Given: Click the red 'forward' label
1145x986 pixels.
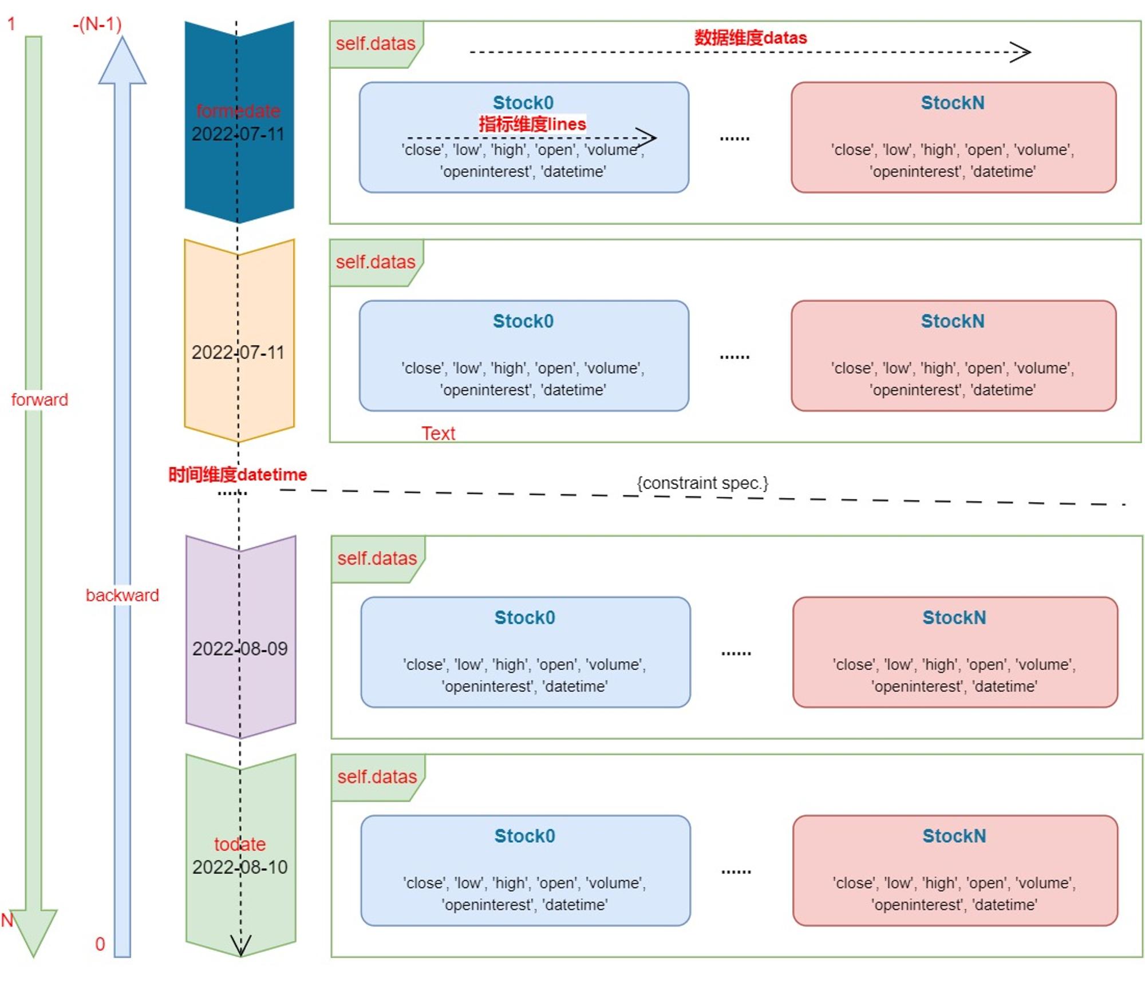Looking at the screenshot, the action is pos(40,400).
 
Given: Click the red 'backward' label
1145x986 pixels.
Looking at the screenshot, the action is pos(123,595).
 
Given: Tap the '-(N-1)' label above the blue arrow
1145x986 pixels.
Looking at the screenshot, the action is pos(97,24).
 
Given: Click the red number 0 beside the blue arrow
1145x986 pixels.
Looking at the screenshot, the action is pos(100,944).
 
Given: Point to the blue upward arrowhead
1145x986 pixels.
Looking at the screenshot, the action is pos(123,61).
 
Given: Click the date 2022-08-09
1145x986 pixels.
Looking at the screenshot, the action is pos(240,649).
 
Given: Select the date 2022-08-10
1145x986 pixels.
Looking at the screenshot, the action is pos(240,867).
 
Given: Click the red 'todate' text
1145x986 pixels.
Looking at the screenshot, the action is pos(240,844).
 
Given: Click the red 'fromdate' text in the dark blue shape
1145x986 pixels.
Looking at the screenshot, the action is pos(238,111).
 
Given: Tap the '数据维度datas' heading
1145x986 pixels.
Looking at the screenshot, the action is pos(751,38).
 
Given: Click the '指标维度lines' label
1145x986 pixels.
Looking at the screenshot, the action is pos(532,124).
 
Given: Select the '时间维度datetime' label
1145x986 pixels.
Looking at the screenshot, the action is pos(238,474).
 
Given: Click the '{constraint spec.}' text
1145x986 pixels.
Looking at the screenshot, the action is pos(702,483).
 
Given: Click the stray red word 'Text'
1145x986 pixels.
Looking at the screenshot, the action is pos(439,433).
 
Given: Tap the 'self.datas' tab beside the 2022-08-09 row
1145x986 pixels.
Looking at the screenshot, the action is pos(377,558).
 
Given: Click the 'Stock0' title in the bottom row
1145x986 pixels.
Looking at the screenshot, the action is pos(525,836).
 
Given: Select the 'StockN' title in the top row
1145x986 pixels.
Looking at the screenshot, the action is pos(953,102).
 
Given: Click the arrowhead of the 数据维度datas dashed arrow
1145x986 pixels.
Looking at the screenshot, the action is pos(1020,52).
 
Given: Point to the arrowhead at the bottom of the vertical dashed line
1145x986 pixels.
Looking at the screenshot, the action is pos(241,946).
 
